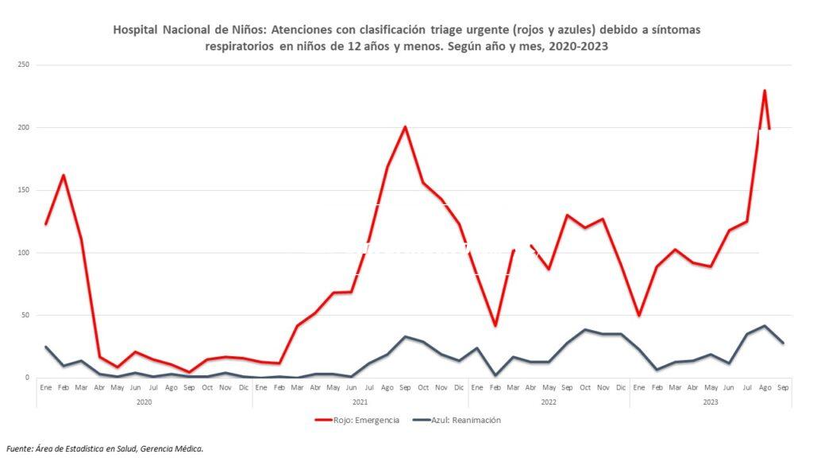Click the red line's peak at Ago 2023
[x=764, y=91]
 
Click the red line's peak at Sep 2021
[x=405, y=126]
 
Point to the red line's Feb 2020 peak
[x=64, y=175]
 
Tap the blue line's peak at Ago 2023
[x=764, y=326]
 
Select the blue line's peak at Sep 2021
[x=405, y=336]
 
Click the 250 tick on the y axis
[x=23, y=65]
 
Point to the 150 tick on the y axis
[x=23, y=190]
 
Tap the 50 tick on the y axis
[x=25, y=315]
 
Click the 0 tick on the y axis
[x=27, y=378]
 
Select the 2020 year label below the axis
[x=144, y=402]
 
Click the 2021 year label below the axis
[x=360, y=402]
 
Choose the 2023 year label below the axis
[x=710, y=402]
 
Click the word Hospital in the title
[x=136, y=29]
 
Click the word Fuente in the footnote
[x=21, y=448]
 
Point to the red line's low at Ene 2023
[x=638, y=316]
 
